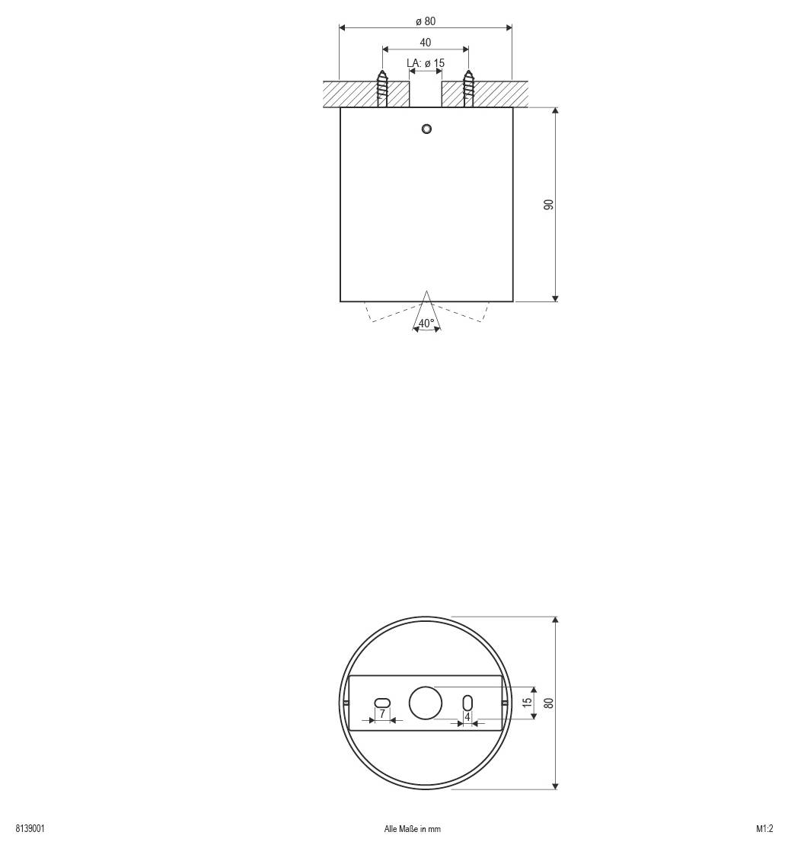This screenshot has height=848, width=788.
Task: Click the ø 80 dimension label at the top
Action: tap(426, 21)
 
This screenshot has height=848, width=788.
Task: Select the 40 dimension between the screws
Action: tap(425, 43)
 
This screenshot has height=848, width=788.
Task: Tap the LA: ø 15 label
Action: tap(425, 62)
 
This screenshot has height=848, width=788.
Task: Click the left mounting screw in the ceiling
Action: tap(383, 89)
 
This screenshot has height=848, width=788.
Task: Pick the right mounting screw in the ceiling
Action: tap(468, 89)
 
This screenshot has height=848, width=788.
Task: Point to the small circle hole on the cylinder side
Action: tap(426, 128)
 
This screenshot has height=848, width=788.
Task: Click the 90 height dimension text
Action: tap(548, 204)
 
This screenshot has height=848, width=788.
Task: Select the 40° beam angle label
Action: tap(426, 323)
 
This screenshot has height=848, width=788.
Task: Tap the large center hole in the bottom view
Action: tap(426, 702)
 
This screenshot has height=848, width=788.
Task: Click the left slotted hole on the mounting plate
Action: tap(382, 702)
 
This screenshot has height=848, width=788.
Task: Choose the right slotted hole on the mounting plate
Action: tap(467, 702)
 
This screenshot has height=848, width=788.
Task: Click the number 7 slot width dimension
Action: tap(382, 715)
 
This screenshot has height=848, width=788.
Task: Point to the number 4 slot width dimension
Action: tap(467, 716)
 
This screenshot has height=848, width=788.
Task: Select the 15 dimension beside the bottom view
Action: tap(528, 702)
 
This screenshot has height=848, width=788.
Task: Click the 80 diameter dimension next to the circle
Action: tap(548, 702)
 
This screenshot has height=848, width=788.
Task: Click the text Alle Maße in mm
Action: tap(412, 829)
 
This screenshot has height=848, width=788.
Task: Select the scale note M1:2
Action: tap(764, 829)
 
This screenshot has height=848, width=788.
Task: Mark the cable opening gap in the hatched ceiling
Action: tap(426, 94)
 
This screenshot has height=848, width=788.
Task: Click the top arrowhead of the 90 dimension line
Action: tap(555, 111)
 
